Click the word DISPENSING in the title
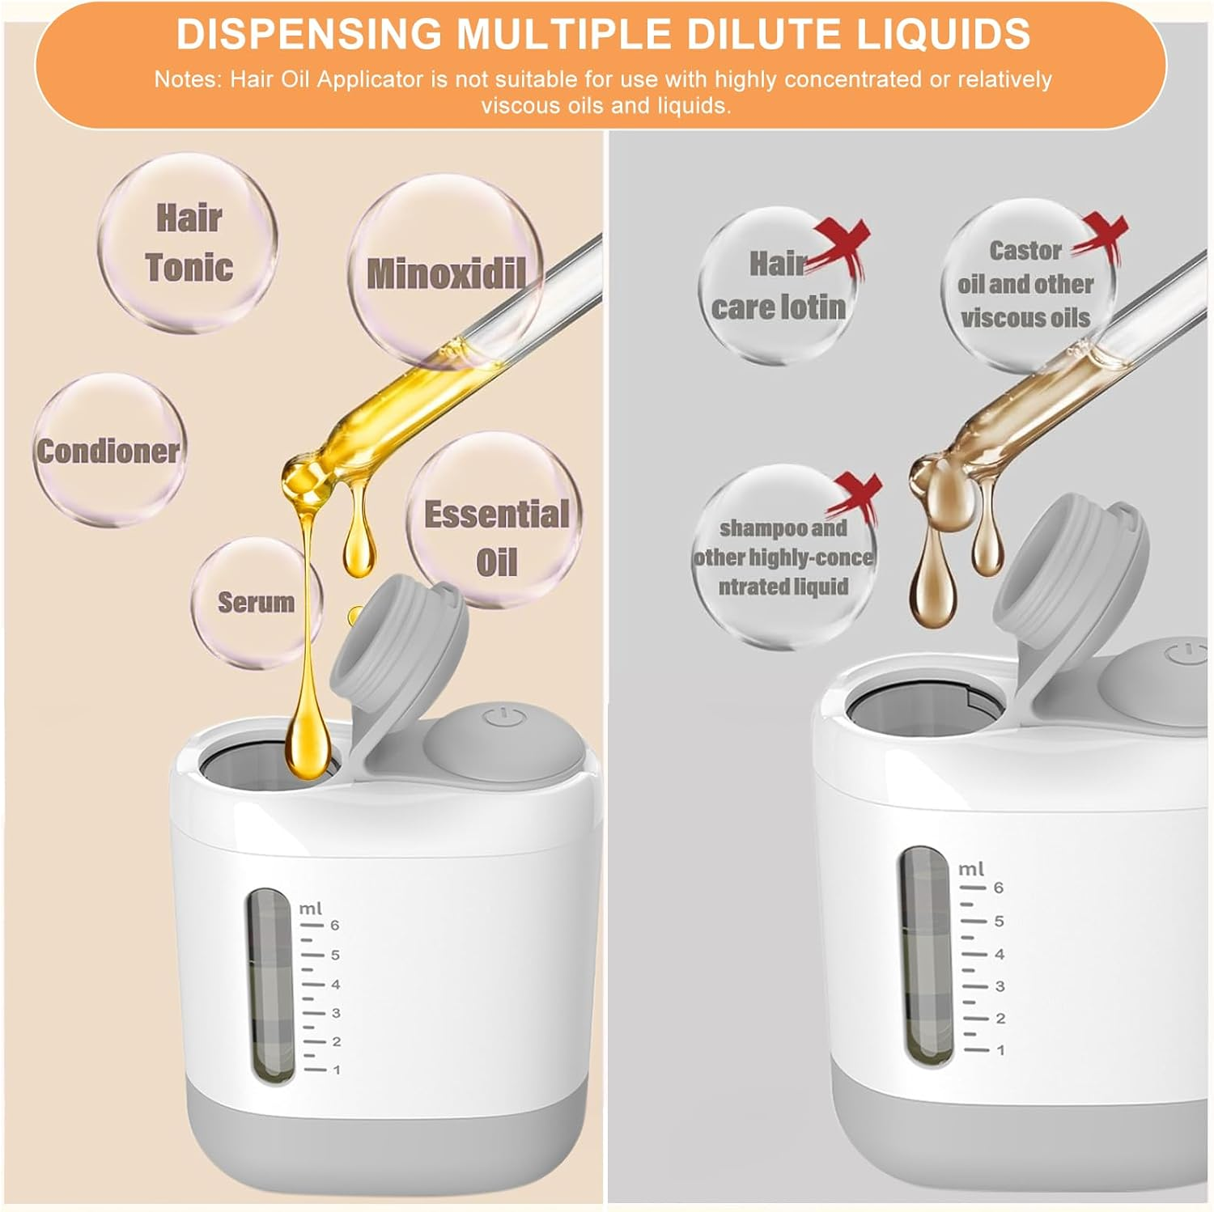point(308,34)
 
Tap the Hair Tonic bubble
point(188,243)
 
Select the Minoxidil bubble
point(446,272)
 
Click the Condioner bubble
point(109,450)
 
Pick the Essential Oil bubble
point(495,519)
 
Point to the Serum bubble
point(257,602)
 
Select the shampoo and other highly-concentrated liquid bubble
point(783,557)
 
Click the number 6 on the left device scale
point(335,925)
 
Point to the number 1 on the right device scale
point(1001,1050)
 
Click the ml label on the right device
point(970,869)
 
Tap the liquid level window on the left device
point(270,985)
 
